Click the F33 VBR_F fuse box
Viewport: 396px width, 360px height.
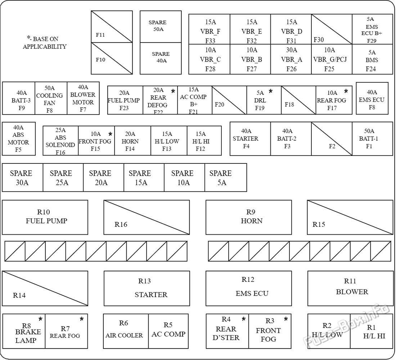point(210,29)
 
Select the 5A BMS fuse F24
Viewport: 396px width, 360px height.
point(372,59)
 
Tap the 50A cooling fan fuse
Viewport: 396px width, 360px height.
point(51,98)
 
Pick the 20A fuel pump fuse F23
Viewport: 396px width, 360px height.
point(125,100)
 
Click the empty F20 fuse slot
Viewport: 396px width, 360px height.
point(229,100)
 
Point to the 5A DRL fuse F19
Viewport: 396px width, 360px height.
point(264,100)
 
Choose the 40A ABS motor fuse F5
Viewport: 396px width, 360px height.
point(19,139)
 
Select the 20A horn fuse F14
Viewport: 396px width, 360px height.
point(132,141)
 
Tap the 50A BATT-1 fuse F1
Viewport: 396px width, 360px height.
point(372,139)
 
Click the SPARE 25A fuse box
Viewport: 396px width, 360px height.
point(63,177)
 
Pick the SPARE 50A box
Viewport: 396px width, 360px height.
point(161,27)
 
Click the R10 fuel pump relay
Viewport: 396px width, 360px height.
point(45,217)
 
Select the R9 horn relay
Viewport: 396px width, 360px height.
point(248,217)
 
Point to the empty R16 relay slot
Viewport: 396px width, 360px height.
point(147,217)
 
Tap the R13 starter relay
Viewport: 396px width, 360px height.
point(147,288)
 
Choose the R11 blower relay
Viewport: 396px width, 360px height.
point(350,288)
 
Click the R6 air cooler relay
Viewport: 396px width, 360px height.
point(126,331)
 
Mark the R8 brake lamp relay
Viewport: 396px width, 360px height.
point(24,331)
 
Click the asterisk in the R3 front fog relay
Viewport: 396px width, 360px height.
point(286,319)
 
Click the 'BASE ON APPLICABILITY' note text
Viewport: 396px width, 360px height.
point(44,42)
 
